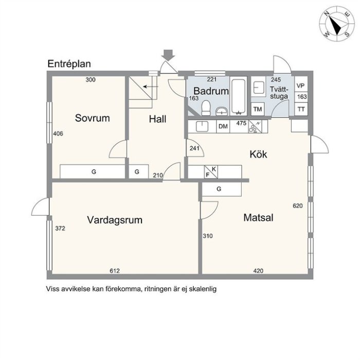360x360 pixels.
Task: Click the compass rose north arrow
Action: pos(335,26)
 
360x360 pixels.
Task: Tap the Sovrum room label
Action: pos(92,118)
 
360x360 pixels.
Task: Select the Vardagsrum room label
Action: pos(115,220)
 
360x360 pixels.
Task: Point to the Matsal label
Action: pos(258,218)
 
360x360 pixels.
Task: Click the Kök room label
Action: pos(258,154)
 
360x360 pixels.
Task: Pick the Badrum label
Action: pos(211,91)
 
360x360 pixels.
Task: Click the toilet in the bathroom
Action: pos(206,108)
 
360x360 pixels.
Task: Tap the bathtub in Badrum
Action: pos(239,96)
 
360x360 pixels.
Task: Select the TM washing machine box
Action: pos(258,109)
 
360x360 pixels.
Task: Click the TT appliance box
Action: pos(301,109)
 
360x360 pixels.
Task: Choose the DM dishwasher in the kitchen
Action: pos(223,127)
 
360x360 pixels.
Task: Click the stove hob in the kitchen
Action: pos(255,127)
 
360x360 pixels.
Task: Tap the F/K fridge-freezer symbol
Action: pos(211,172)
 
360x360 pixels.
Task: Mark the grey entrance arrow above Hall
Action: pos(168,55)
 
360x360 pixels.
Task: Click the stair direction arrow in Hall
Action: pos(151,86)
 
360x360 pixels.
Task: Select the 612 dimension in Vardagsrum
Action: pos(115,271)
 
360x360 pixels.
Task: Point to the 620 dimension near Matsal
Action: pos(298,206)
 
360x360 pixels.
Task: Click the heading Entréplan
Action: pos(69,64)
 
